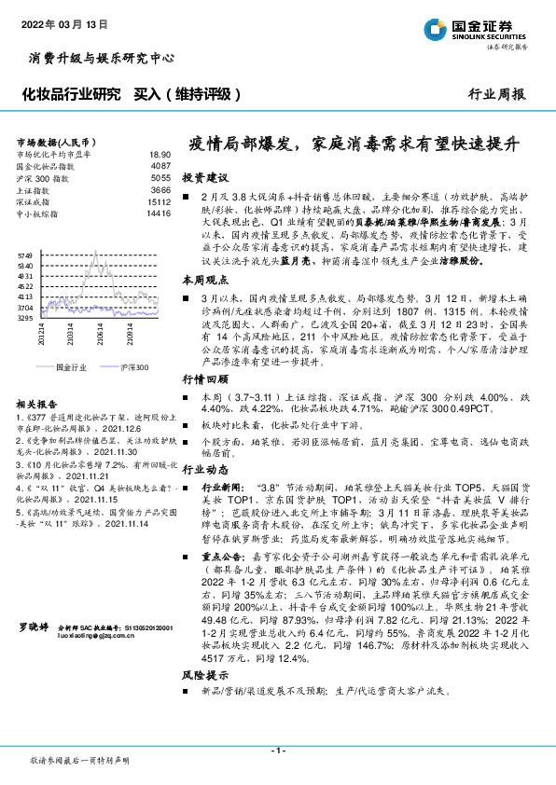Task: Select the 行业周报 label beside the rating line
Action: (495, 94)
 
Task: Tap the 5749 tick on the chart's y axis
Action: (25, 255)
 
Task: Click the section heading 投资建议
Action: (204, 176)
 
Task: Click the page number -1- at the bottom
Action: (277, 751)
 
